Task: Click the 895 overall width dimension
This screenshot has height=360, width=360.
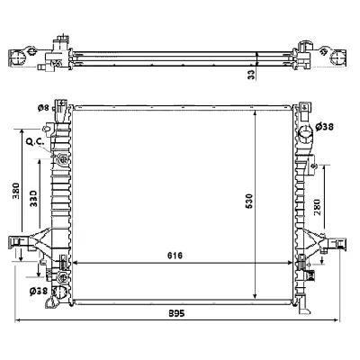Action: pos(176,313)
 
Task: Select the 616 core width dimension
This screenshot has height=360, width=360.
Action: pos(175,256)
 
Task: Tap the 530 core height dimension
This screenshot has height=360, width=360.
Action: pos(249,202)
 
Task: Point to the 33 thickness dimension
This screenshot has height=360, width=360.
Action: pos(252,74)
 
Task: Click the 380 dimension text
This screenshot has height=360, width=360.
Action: pos(16,191)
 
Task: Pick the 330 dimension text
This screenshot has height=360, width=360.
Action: pos(33,198)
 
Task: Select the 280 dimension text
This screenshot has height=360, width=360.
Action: pos(317,207)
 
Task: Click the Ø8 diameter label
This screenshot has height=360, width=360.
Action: pos(43,108)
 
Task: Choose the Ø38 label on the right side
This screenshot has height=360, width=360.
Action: pos(325,127)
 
